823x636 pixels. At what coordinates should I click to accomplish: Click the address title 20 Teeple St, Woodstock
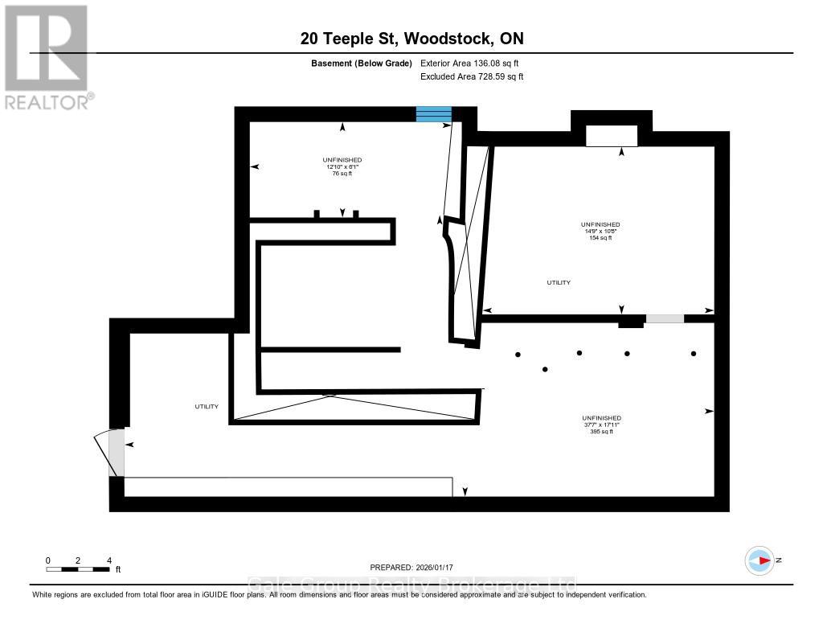coord(411,39)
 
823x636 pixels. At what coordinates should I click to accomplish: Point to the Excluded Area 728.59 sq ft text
coord(472,77)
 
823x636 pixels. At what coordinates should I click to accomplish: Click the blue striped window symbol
coord(433,114)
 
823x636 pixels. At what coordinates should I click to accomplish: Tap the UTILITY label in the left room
coord(207,407)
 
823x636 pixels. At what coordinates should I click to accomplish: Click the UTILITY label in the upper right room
coord(559,282)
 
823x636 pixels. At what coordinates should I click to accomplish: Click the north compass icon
coord(760,560)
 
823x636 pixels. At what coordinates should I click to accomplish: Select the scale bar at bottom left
coord(78,569)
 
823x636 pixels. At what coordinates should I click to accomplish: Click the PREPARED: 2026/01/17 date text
coord(411,567)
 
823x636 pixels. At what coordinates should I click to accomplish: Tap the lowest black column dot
coord(546,369)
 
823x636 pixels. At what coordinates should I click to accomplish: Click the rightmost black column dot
coord(694,353)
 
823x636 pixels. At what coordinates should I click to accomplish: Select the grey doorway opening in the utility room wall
coord(665,318)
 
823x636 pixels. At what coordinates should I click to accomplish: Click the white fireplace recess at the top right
coord(612,136)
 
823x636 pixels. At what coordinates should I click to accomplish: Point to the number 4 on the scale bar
coord(109,560)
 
